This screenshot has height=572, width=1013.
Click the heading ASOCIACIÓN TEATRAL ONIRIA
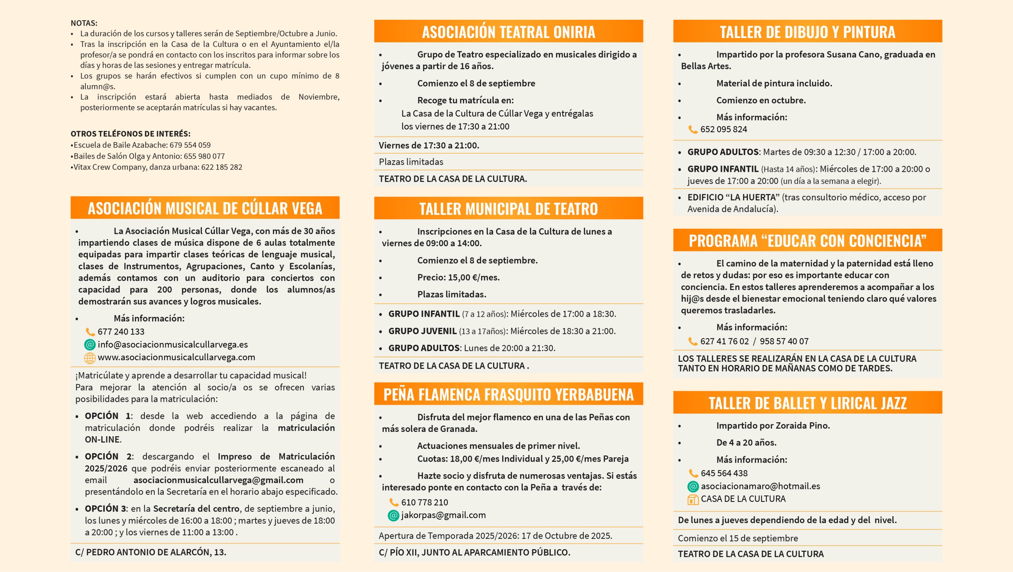coord(508,32)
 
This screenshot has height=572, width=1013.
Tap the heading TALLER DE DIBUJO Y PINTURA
coord(807,32)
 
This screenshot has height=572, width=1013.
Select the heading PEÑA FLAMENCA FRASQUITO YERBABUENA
coord(508,395)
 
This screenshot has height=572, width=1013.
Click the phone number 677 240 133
coord(121,332)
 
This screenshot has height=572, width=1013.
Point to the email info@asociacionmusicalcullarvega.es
coord(173,344)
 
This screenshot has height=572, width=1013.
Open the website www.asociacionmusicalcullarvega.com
coord(176,357)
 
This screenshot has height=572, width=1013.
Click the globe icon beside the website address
coord(90,358)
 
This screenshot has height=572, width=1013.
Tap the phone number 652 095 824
coord(723,129)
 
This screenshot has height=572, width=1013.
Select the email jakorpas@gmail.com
coord(443,515)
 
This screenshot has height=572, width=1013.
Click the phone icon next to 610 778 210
coord(394,502)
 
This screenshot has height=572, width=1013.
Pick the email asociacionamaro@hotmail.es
coord(760,486)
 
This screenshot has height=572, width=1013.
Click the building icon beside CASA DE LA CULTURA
coord(693,500)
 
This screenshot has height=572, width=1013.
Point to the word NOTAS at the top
coord(84,23)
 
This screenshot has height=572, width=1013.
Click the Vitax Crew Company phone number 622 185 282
coord(222,167)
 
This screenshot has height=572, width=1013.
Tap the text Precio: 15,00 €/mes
coord(458,277)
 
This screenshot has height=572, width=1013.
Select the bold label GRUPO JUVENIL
coord(422,331)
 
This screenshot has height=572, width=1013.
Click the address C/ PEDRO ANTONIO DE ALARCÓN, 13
coord(151,552)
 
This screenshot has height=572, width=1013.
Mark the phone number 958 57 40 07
coord(784,341)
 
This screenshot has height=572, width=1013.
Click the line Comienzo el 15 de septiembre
coord(738,538)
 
